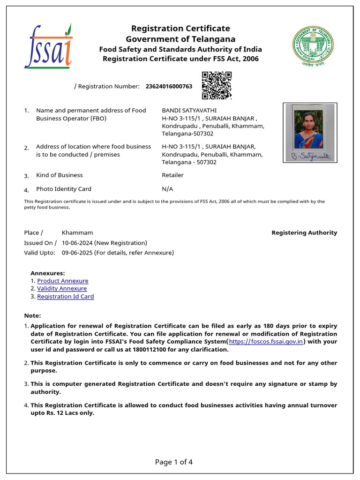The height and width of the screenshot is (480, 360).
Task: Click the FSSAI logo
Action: click(x=48, y=46)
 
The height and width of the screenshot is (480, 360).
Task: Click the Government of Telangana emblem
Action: click(x=314, y=47)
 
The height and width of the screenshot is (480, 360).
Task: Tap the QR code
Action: click(x=217, y=85)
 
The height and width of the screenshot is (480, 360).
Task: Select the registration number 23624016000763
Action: click(x=169, y=86)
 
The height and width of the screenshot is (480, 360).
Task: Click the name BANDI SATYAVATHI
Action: click(x=189, y=110)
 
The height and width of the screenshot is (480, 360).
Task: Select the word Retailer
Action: click(x=172, y=175)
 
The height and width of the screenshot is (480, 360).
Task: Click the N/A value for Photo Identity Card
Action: click(x=167, y=189)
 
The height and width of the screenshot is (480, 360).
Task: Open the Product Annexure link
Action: click(x=62, y=281)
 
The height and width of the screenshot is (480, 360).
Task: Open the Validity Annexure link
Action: click(x=62, y=289)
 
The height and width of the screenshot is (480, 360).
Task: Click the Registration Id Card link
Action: click(x=65, y=297)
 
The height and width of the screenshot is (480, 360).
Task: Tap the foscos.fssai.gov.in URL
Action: click(x=266, y=342)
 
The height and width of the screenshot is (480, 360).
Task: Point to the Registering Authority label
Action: click(x=304, y=232)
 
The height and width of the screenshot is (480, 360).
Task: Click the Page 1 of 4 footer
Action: click(x=173, y=462)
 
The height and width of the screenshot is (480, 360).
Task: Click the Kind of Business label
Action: click(x=59, y=175)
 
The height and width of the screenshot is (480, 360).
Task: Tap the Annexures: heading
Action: click(x=47, y=273)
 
